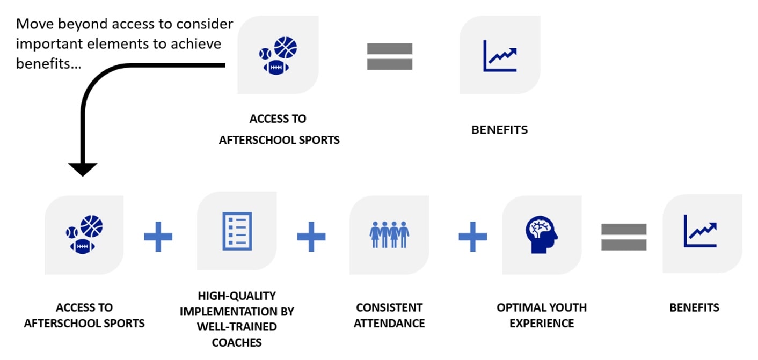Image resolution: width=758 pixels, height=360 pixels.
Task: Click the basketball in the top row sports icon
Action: (x=285, y=47)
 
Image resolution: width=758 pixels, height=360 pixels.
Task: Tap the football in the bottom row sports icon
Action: (x=82, y=246)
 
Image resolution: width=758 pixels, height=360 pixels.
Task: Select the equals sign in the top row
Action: (x=390, y=56)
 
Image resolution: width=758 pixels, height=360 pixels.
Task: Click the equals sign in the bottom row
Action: (x=624, y=237)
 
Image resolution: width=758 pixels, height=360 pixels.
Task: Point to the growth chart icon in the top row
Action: (x=500, y=56)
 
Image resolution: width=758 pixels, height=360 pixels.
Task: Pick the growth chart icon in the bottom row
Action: (x=700, y=231)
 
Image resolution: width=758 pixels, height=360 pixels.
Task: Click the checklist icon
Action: (x=237, y=231)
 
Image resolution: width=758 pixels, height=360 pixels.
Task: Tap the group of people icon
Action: (x=389, y=234)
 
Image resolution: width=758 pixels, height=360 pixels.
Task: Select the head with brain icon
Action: (x=542, y=234)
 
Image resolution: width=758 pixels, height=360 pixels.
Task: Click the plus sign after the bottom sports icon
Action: (x=158, y=237)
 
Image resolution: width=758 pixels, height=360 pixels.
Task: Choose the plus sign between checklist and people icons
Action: (x=311, y=237)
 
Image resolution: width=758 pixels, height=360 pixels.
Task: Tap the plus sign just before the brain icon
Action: (x=473, y=237)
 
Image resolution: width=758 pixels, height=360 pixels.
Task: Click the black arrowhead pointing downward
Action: (x=83, y=169)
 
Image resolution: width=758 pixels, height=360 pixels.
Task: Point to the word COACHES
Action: (x=237, y=343)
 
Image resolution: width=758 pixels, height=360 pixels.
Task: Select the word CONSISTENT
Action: (x=389, y=307)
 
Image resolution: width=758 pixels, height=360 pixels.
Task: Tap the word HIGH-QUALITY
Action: (x=237, y=296)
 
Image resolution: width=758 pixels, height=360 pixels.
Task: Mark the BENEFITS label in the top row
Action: (x=499, y=130)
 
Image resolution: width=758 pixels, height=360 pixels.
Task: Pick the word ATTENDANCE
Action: (x=389, y=324)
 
